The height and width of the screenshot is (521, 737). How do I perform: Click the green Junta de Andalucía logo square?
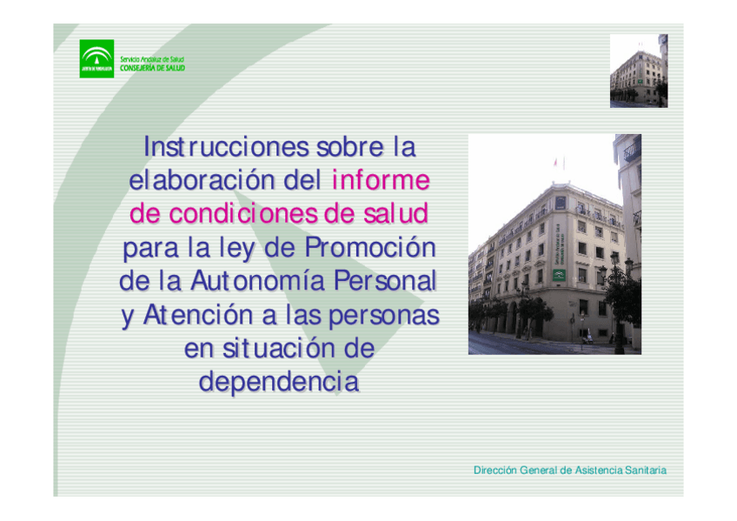click(96, 58)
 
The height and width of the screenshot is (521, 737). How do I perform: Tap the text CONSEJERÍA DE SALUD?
click(152, 67)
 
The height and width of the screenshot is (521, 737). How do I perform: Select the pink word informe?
click(381, 180)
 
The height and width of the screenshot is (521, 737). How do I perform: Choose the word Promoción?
click(369, 248)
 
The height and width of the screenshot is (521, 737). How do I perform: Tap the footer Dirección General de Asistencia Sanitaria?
click(570, 471)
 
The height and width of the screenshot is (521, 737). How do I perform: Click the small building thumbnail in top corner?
click(638, 70)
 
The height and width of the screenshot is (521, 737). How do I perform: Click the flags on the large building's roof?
click(557, 163)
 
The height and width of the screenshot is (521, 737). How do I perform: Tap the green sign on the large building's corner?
click(558, 276)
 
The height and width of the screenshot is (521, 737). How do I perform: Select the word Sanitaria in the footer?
click(645, 471)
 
